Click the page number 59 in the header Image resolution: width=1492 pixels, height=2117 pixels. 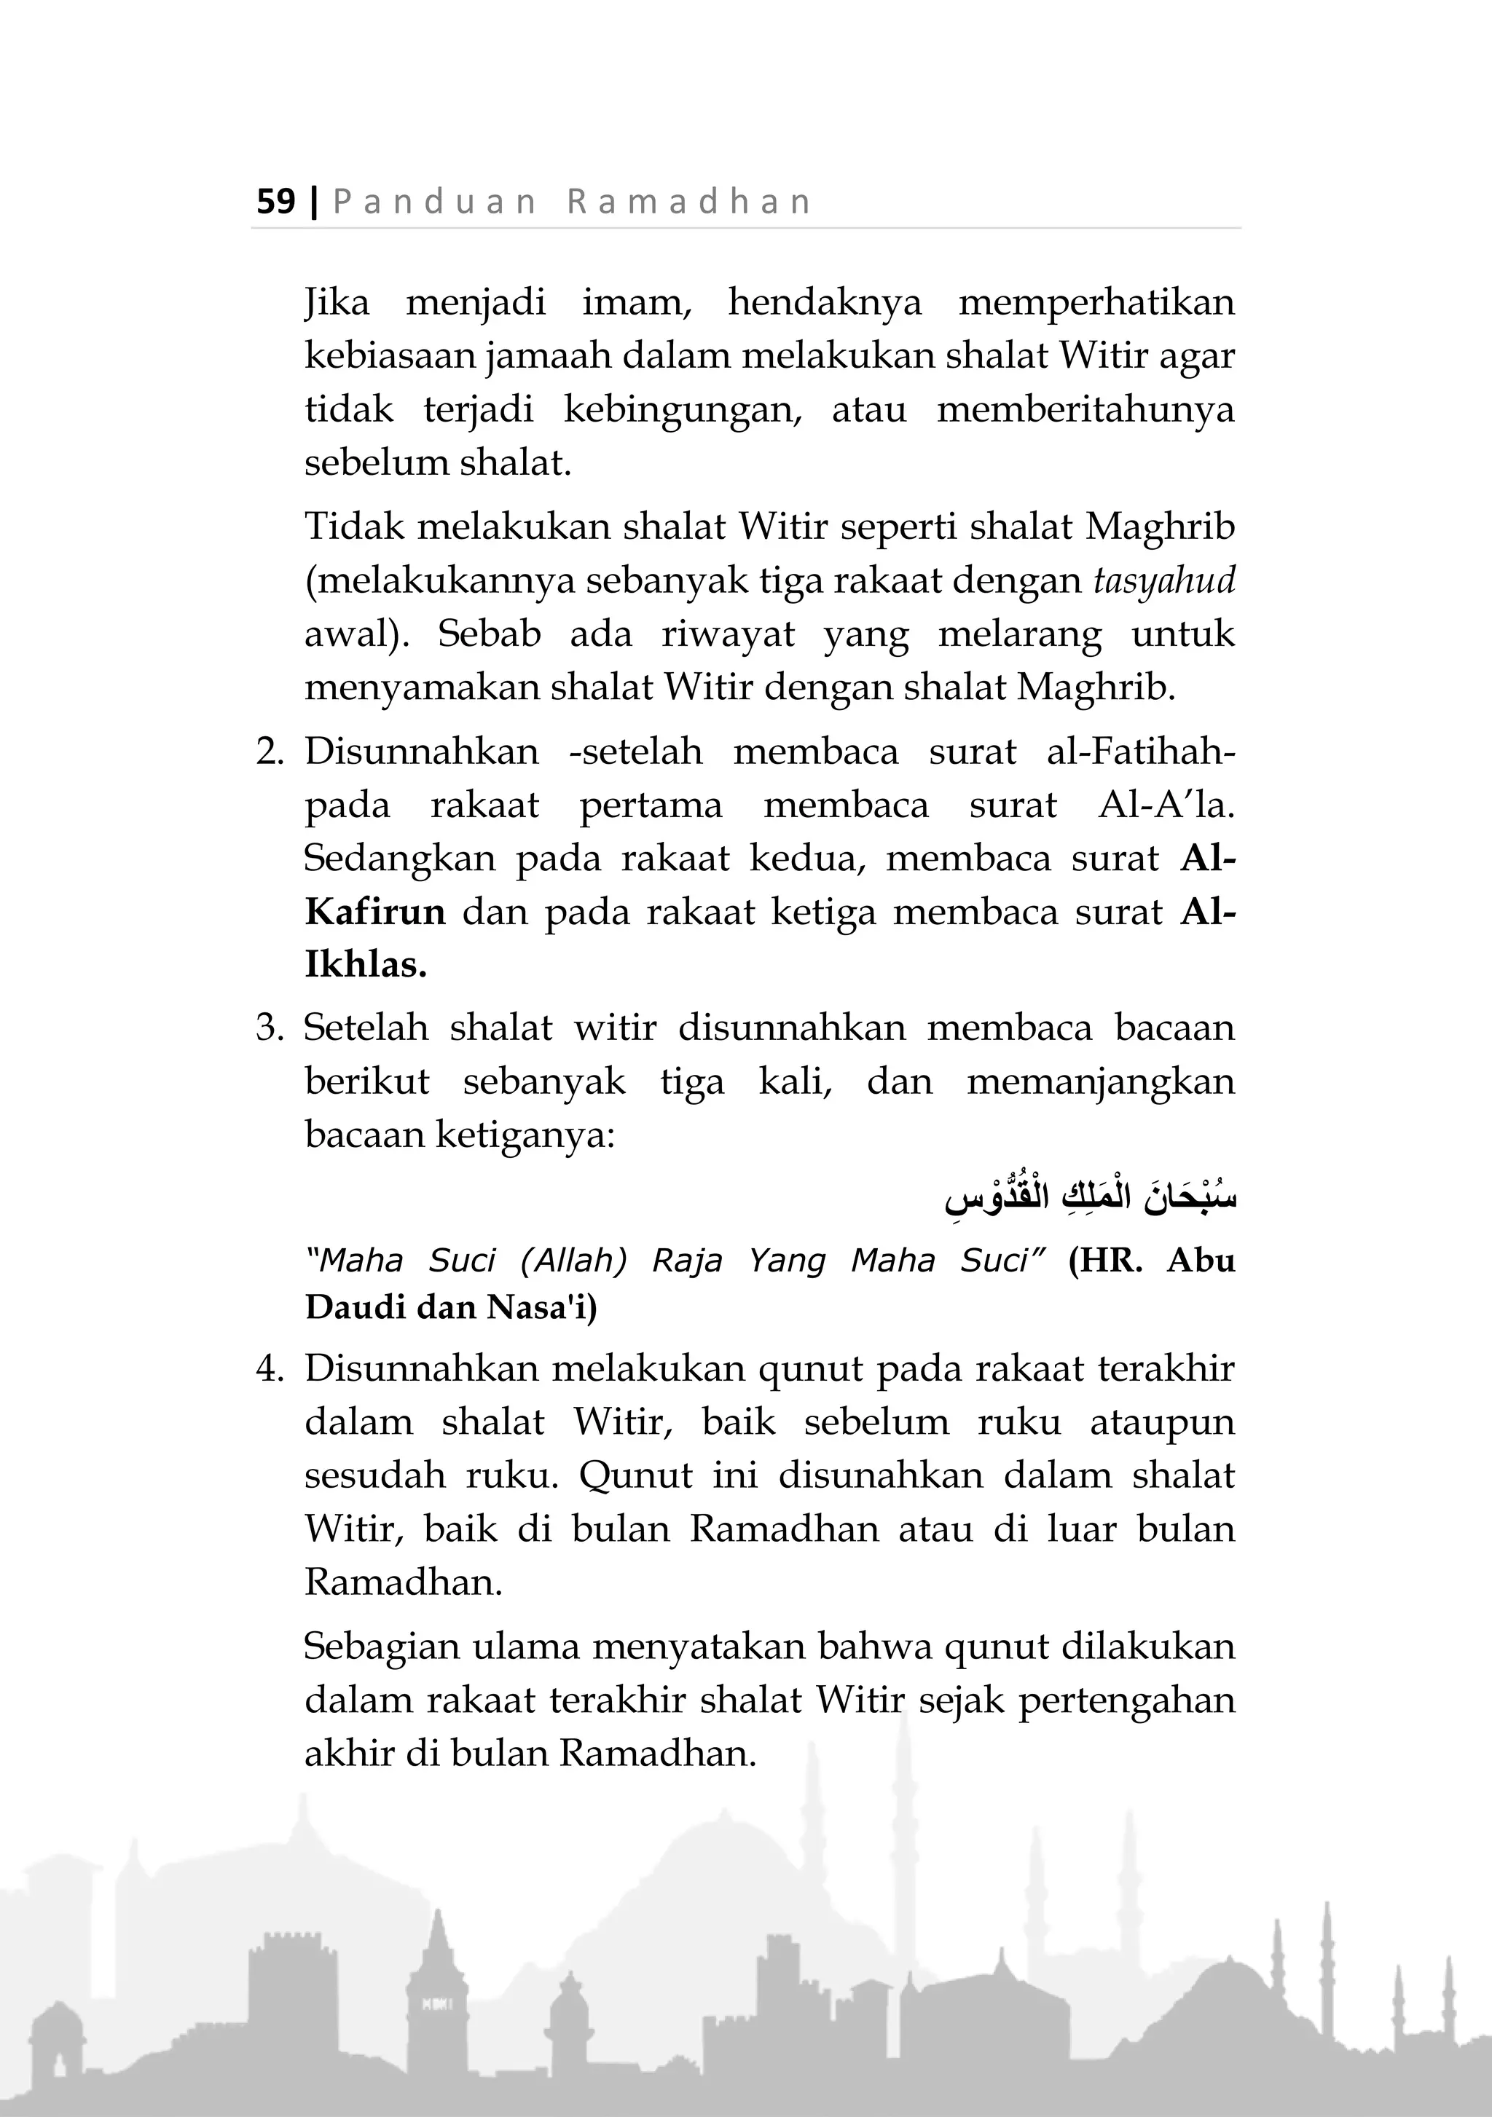tap(275, 201)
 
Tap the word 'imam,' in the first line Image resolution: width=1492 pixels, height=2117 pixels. tap(636, 302)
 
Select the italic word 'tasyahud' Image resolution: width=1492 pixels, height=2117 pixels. tap(1163, 582)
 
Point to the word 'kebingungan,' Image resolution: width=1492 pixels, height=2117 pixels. tap(683, 409)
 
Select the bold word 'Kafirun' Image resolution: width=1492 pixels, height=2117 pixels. tap(375, 912)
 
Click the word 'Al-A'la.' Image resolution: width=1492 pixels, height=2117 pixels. tap(1166, 805)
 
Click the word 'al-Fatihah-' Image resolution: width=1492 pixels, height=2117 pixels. tap(1141, 752)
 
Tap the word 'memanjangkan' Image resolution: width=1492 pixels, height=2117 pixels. tap(1100, 1081)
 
